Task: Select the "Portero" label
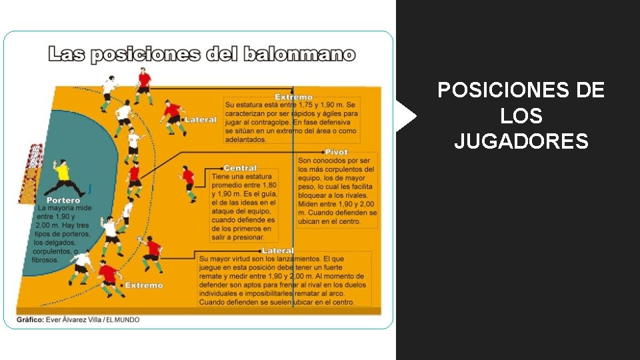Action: click(63, 200)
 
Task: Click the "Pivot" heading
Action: click(336, 153)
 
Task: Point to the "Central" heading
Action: click(240, 168)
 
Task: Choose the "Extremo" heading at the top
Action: click(293, 97)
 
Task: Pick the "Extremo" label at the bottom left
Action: click(143, 285)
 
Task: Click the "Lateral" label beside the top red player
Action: click(200, 120)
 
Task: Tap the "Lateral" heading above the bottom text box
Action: click(277, 251)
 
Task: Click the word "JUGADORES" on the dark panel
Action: click(521, 141)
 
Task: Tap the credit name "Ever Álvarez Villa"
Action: click(75, 320)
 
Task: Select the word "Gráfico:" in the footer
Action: click(30, 320)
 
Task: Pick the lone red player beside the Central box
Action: click(189, 181)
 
